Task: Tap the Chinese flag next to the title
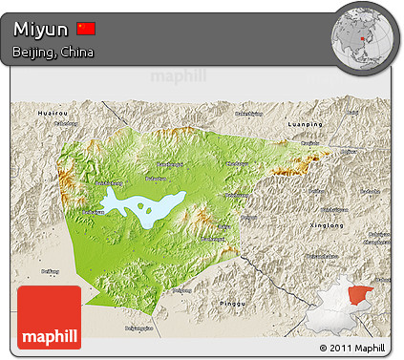[x=86, y=28]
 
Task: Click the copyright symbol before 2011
[x=324, y=348]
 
